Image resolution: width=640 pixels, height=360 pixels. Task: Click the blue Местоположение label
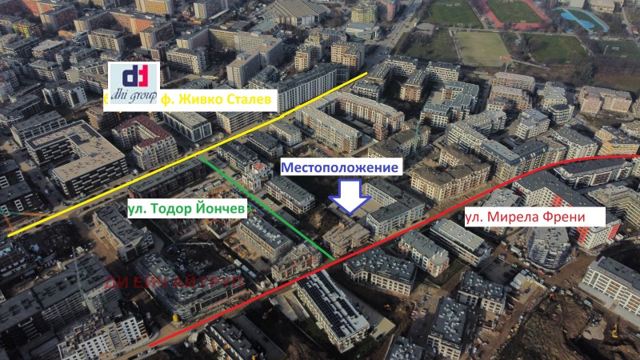339,167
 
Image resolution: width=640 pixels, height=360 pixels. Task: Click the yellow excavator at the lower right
614,328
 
